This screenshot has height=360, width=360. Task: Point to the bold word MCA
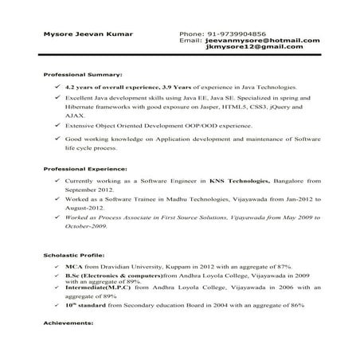click(72, 264)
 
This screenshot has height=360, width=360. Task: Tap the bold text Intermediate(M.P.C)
click(93, 288)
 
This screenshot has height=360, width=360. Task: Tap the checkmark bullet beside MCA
click(57, 264)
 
